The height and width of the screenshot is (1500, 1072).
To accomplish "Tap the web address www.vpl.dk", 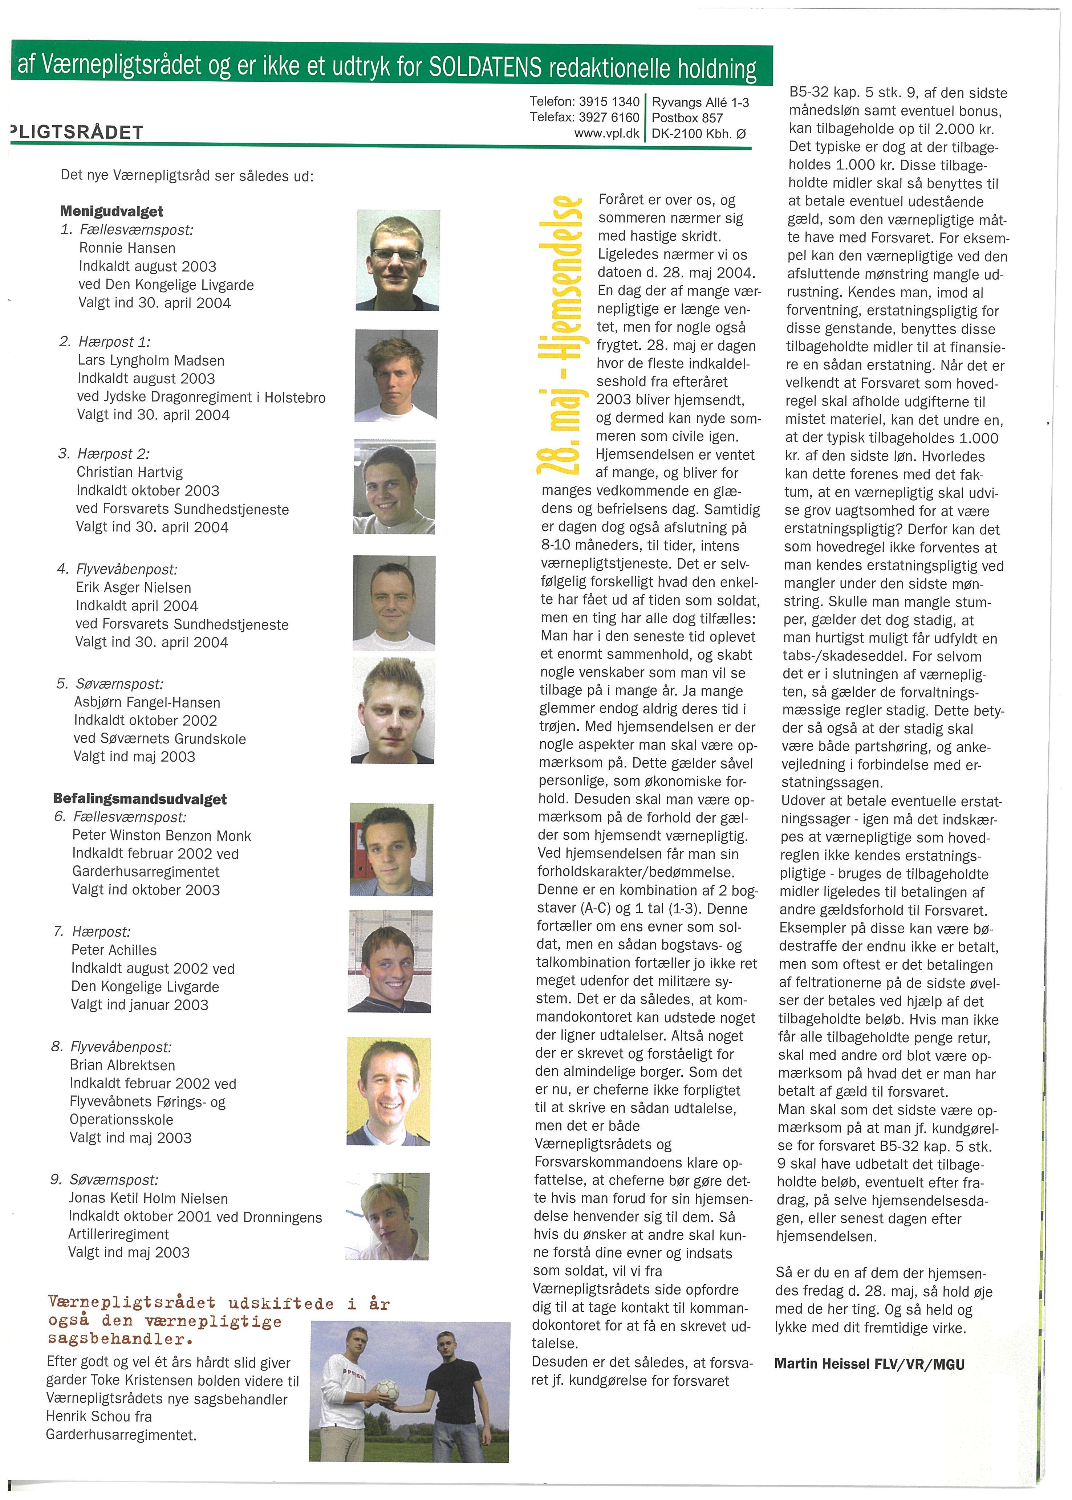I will tap(606, 133).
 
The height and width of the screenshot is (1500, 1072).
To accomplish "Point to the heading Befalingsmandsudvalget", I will tap(140, 799).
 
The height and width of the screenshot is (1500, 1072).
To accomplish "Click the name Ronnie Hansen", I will tap(127, 248).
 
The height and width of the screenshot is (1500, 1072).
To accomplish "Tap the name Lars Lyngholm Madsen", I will tap(151, 360).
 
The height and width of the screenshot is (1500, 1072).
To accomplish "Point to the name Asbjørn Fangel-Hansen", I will tap(147, 702).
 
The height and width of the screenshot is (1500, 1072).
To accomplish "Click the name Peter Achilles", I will tap(114, 950).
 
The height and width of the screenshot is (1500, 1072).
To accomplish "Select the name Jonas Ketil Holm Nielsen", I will tap(149, 1198).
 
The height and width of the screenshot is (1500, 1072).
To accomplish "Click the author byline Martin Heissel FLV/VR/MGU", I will tap(869, 1364).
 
